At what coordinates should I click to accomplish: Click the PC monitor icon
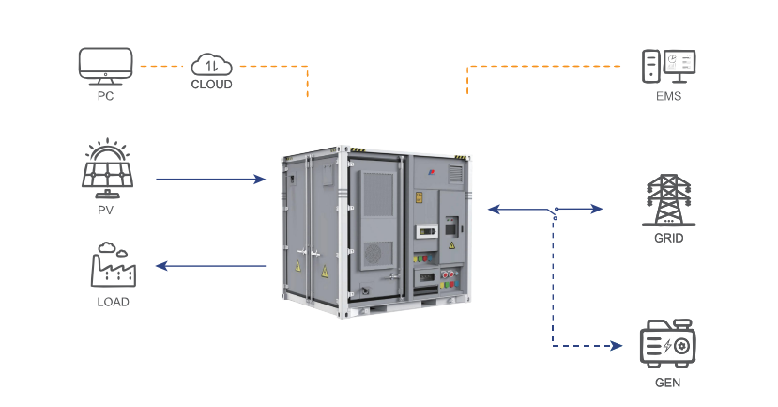coord(105,65)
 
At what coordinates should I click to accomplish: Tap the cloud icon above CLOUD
coord(210,64)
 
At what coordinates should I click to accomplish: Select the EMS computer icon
coord(668,65)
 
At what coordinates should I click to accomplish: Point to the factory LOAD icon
coord(113,265)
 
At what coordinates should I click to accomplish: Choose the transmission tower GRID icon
coord(668,198)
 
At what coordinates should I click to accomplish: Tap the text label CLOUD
coord(211,85)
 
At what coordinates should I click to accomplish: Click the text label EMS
coord(668,96)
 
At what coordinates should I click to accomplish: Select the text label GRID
coord(668,238)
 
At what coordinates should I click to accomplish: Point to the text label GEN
coord(668,383)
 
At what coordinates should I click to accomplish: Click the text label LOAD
coord(113,302)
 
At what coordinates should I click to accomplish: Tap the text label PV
coord(105,210)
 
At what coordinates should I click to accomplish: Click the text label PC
coord(105,95)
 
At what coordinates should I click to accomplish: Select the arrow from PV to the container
coord(210,178)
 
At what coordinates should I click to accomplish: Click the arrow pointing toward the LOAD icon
coord(210,266)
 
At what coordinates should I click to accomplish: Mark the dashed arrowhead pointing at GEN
coord(617,346)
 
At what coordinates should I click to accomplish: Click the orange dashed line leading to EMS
coord(544,66)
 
